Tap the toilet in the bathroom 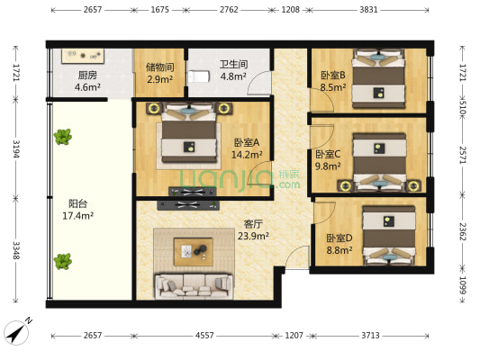click(199, 76)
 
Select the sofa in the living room click(194, 286)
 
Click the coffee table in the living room click(193, 252)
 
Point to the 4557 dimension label click(204, 336)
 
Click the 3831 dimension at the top click(368, 10)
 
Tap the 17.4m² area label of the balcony click(77, 216)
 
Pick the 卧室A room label click(247, 142)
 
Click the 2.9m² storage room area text click(159, 79)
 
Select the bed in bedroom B click(378, 78)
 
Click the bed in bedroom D click(389, 236)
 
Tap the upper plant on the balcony click(63, 137)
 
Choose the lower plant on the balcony click(63, 261)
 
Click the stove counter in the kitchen click(83, 56)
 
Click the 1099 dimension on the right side click(463, 285)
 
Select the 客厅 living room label click(253, 224)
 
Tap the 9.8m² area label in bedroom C click(328, 166)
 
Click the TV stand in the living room click(188, 205)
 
